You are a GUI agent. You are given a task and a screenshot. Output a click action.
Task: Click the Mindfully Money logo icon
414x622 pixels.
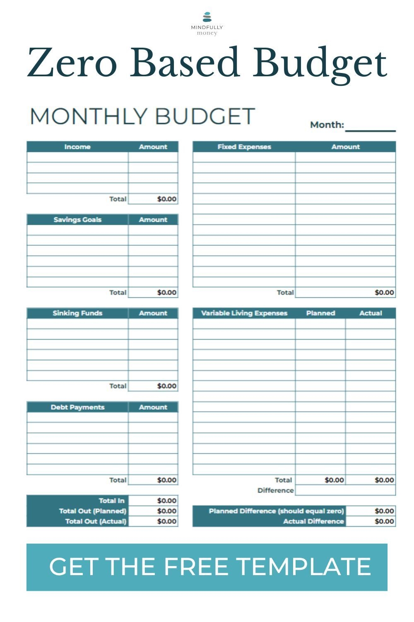point(207,17)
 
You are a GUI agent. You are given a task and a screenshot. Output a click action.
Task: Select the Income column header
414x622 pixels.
point(77,147)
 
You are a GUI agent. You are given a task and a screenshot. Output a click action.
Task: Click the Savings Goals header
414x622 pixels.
point(77,220)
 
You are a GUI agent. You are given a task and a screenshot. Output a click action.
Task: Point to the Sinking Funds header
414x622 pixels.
point(77,313)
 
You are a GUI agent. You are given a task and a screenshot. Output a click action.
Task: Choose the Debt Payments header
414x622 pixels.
point(77,407)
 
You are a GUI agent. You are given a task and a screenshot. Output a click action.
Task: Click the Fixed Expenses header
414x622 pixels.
point(244,147)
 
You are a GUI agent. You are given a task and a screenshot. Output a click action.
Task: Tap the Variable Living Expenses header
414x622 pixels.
point(244,313)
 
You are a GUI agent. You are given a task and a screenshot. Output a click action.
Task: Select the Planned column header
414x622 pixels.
point(320,313)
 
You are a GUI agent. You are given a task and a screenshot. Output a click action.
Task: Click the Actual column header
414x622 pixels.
point(371,313)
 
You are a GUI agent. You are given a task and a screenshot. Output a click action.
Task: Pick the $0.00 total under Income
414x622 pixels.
point(167,199)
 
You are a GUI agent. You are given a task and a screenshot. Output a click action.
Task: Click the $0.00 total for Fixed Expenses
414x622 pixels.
point(384,292)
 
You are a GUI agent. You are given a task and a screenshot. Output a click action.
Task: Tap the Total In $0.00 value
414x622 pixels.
point(167,501)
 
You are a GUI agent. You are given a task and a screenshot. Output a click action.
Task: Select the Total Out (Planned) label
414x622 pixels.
point(92,511)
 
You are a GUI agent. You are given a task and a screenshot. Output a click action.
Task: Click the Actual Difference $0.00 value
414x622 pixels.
point(384,521)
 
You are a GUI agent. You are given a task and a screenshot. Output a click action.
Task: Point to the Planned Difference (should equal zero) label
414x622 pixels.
point(276,511)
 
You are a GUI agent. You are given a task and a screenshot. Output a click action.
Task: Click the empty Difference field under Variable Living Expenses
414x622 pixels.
point(345,490)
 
